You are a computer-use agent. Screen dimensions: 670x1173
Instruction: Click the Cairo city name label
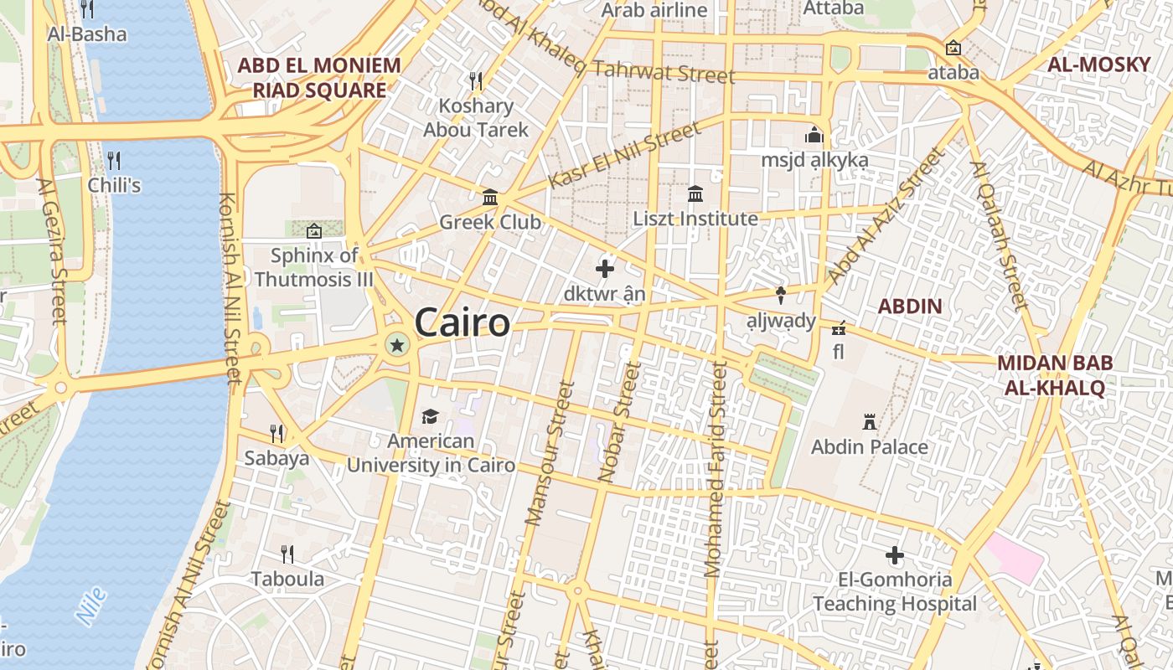click(462, 323)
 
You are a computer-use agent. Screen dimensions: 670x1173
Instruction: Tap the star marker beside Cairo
click(396, 344)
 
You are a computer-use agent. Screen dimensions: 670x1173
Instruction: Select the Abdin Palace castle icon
click(870, 422)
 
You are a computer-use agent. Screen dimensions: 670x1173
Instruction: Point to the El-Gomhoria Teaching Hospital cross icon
click(895, 554)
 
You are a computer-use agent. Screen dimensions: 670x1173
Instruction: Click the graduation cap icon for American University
click(430, 416)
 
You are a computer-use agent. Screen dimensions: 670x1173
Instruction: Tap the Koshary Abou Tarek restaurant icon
click(476, 81)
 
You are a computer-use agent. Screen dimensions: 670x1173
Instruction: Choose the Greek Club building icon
click(490, 198)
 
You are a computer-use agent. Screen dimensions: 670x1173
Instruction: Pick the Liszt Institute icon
click(695, 194)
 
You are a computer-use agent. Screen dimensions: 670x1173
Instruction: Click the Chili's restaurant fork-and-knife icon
click(114, 160)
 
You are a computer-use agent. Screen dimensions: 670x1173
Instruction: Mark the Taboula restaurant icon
click(287, 554)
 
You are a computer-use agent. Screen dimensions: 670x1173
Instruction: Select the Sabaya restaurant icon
click(276, 433)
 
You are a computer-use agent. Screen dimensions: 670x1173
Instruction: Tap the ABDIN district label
click(910, 307)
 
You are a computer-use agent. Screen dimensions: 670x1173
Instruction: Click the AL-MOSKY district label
click(1098, 65)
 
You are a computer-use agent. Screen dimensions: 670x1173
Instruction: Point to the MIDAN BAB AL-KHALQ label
click(1054, 375)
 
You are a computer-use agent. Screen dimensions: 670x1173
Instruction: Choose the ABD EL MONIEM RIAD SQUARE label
click(318, 78)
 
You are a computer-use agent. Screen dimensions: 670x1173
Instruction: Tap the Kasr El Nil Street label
click(624, 156)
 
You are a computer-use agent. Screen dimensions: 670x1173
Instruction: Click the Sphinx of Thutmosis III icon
click(314, 231)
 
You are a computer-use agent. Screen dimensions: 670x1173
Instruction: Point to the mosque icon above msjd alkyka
click(814, 135)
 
